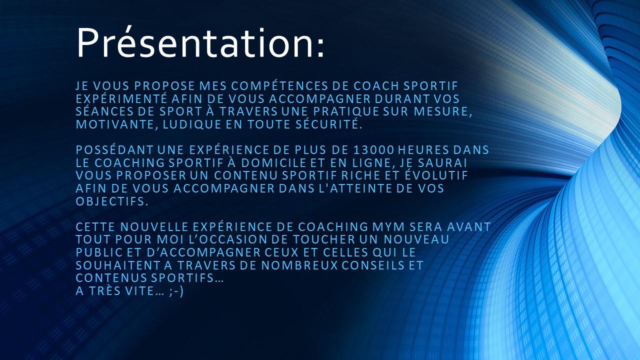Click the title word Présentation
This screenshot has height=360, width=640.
[200, 43]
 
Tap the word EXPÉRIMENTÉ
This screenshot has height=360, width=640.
[121, 98]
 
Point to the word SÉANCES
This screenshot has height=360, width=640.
[105, 111]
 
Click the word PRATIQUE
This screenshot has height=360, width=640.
[346, 111]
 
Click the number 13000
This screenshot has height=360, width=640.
[373, 150]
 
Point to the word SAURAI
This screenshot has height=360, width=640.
[442, 163]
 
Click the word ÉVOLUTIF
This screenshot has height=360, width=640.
[436, 175]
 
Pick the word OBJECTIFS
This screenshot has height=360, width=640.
[112, 201]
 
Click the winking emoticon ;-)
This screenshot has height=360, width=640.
[176, 291]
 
